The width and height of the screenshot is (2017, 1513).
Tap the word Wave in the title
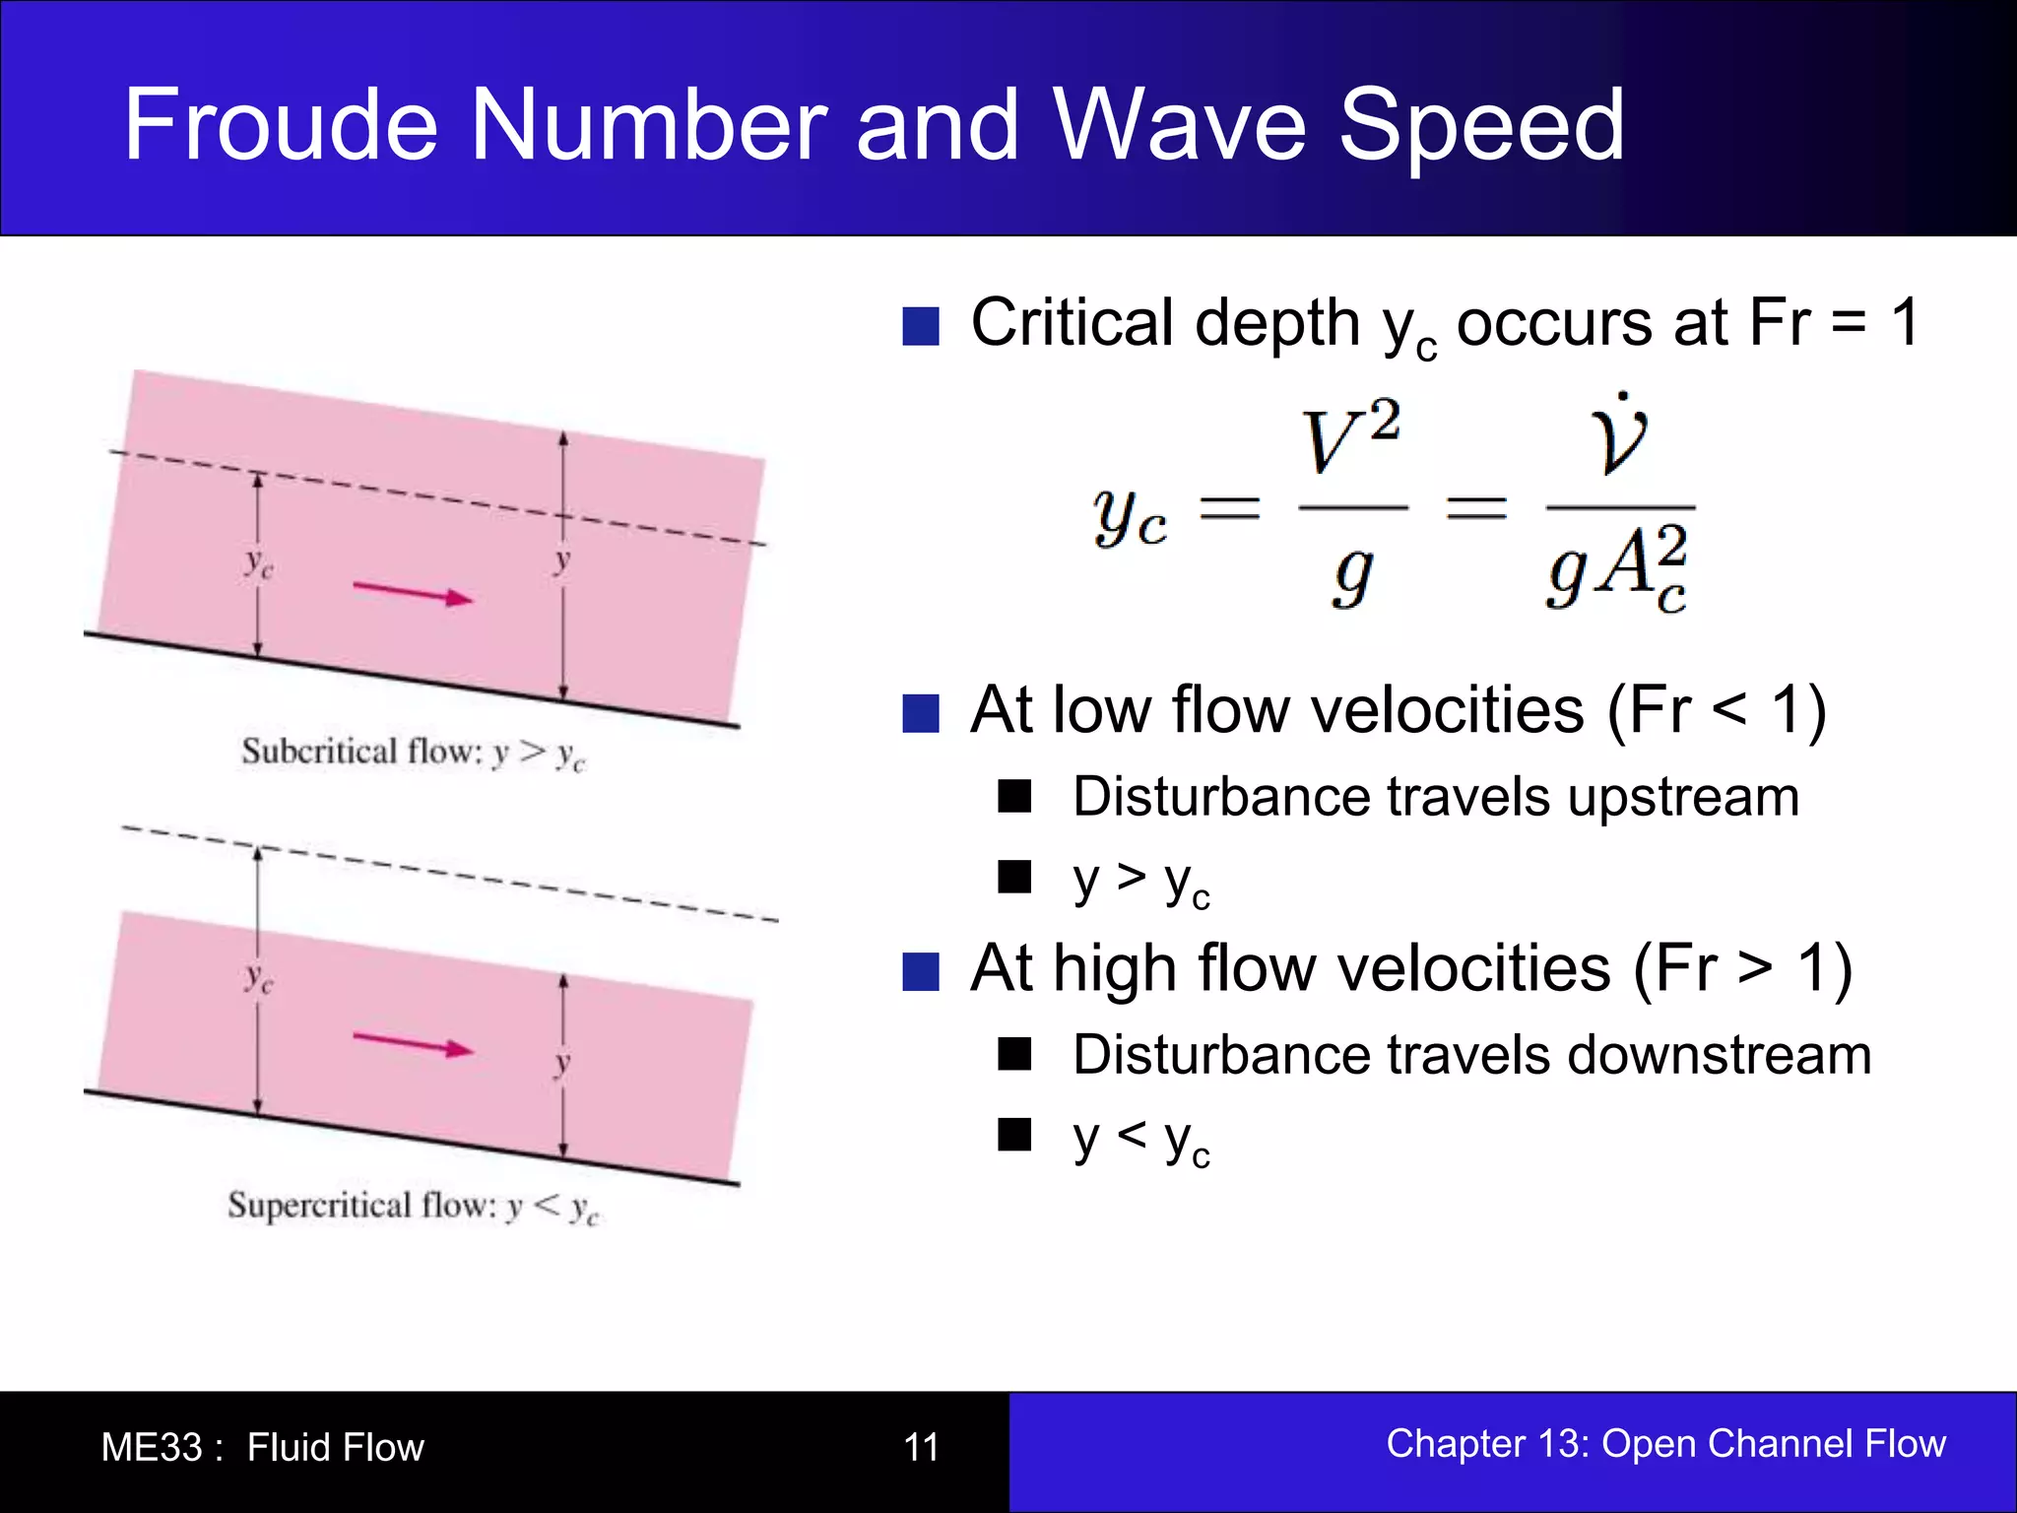[x=1181, y=125]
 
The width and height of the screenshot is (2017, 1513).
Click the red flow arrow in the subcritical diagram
[x=413, y=593]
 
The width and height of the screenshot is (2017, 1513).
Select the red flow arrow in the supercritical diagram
[x=413, y=1044]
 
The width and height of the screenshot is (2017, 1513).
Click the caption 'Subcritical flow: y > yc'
[x=413, y=754]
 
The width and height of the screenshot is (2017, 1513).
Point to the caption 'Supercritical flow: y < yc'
[x=413, y=1207]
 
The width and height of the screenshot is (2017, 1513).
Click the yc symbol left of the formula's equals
[x=1130, y=517]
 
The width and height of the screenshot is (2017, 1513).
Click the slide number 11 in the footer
[x=921, y=1447]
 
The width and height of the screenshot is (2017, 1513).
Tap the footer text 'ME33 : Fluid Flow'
[x=262, y=1447]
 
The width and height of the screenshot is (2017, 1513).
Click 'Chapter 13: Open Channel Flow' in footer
[x=1665, y=1443]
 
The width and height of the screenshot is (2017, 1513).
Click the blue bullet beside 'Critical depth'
[x=921, y=326]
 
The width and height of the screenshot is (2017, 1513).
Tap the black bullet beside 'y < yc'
[x=1013, y=1135]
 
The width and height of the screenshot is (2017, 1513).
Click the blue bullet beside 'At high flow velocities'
[x=921, y=971]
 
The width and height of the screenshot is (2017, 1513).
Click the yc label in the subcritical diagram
[x=259, y=563]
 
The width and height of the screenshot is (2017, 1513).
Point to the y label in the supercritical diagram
[x=562, y=1064]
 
